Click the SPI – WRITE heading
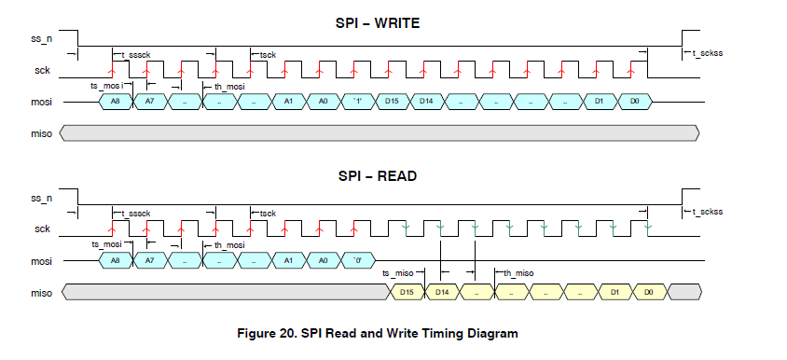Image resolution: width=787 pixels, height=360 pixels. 377,23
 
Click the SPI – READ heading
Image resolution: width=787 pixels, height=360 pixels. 377,175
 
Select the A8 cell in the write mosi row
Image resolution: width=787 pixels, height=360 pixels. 116,101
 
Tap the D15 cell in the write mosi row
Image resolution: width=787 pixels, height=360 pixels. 391,101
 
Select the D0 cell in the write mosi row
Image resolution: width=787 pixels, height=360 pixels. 634,101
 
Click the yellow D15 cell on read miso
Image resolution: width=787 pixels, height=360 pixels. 407,293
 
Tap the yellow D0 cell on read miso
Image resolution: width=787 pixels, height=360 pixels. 650,293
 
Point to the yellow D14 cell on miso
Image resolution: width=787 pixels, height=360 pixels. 442,293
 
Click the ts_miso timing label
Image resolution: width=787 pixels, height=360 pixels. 398,272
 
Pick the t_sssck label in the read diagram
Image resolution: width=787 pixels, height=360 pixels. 134,214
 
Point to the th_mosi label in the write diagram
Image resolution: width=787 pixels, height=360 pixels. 230,86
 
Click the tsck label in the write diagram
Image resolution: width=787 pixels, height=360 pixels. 267,55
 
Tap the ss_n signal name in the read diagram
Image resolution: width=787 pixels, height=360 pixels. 41,199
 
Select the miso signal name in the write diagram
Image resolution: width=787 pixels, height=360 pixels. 40,133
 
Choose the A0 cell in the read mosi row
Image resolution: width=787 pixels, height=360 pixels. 322,260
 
